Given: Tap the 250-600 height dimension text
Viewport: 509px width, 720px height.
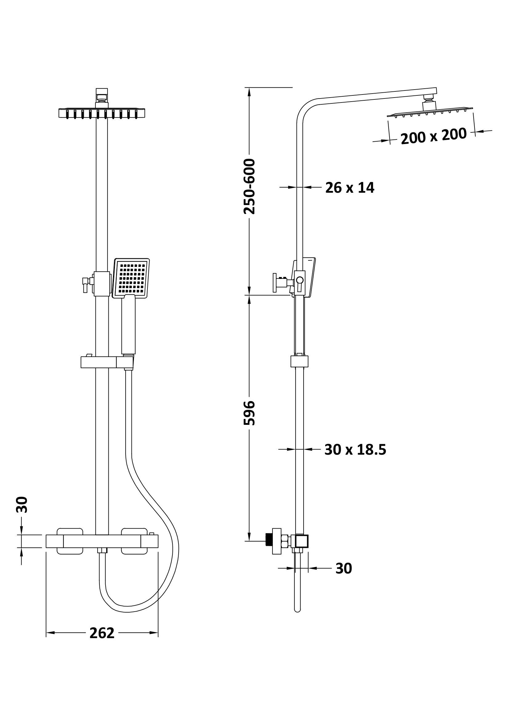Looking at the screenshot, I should (250, 187).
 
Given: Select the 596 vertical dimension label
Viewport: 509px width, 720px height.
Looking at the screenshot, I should (250, 413).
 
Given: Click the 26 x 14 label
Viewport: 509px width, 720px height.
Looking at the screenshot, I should (350, 187).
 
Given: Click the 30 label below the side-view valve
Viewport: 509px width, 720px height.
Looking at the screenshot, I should (344, 568).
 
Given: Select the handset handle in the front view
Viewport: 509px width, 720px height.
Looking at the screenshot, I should (128, 324).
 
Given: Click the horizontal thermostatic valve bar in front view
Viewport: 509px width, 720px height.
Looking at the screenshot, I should (102, 541).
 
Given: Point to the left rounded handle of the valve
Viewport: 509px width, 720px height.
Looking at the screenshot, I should (70, 541).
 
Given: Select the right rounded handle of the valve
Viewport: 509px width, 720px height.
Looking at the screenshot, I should (134, 541).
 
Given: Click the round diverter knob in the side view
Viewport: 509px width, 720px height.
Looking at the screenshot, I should (300, 280).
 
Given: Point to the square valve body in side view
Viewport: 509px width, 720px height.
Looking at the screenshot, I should (302, 541).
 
